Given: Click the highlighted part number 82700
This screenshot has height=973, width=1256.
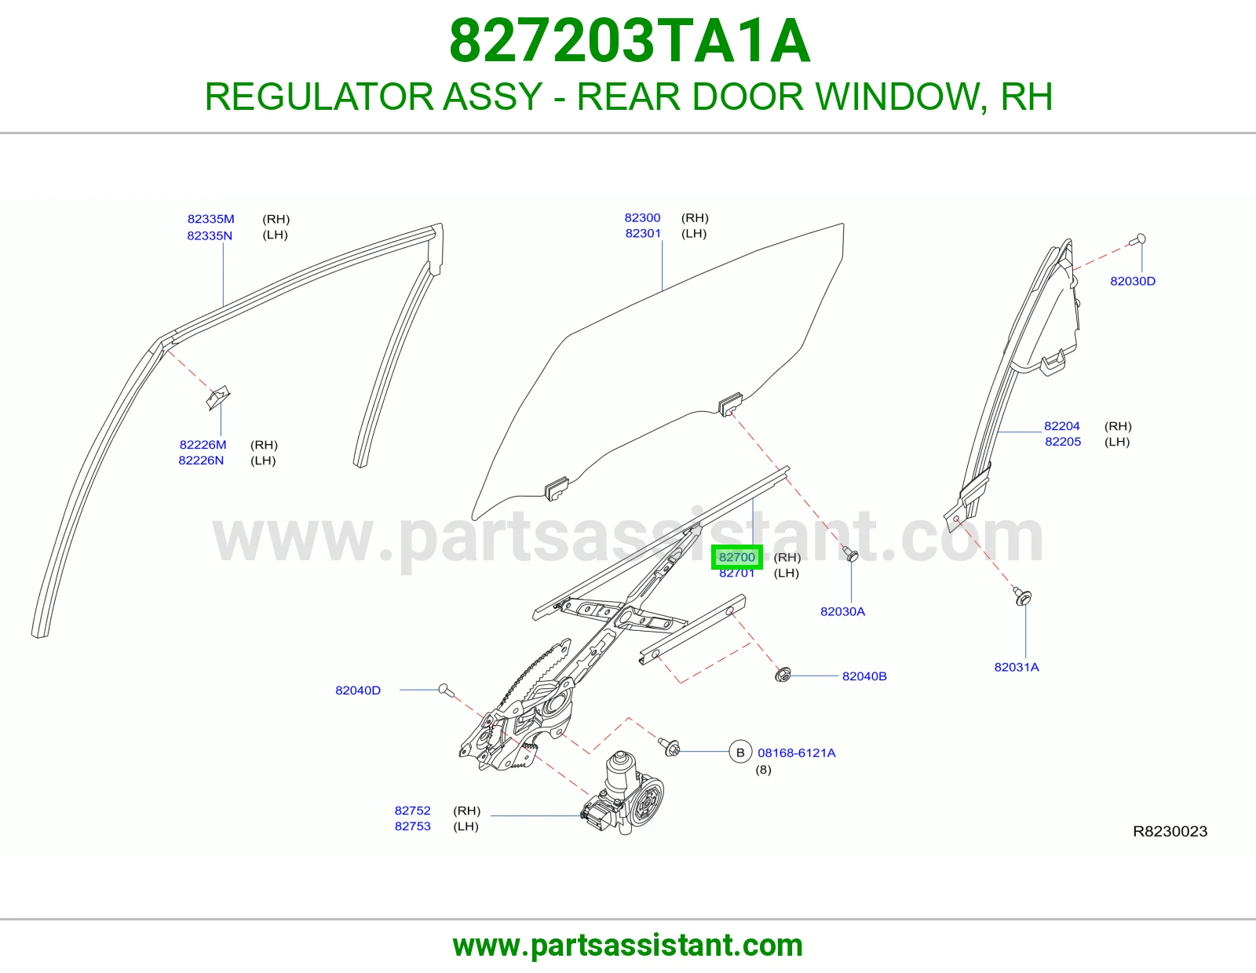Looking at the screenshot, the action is click(737, 557).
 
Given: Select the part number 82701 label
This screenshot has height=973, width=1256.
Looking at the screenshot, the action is click(737, 573).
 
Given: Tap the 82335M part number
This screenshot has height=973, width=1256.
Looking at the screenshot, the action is click(210, 219).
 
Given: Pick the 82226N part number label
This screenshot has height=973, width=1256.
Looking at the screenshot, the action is click(200, 461).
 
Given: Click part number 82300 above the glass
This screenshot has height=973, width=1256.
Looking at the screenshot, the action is click(642, 218).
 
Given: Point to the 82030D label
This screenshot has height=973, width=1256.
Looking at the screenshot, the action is click(1133, 282).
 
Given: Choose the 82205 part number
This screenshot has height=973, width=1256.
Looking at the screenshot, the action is click(1063, 442).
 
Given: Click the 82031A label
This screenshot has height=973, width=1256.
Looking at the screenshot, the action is click(1017, 667).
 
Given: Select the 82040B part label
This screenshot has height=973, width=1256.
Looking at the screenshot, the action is click(864, 676).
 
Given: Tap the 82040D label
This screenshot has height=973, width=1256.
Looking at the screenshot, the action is click(358, 691).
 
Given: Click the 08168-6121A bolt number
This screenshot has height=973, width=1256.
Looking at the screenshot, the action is click(797, 753).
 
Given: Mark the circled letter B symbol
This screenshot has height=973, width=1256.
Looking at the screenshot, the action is click(740, 753).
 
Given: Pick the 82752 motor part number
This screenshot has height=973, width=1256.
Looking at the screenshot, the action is click(413, 811).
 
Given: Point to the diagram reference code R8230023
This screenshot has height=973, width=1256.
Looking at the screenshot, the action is click(1170, 832).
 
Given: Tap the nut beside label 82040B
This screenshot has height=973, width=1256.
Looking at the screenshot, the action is click(783, 674).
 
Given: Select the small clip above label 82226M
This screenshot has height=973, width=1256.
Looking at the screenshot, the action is click(218, 397).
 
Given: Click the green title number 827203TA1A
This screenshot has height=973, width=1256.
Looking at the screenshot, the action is click(630, 41).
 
